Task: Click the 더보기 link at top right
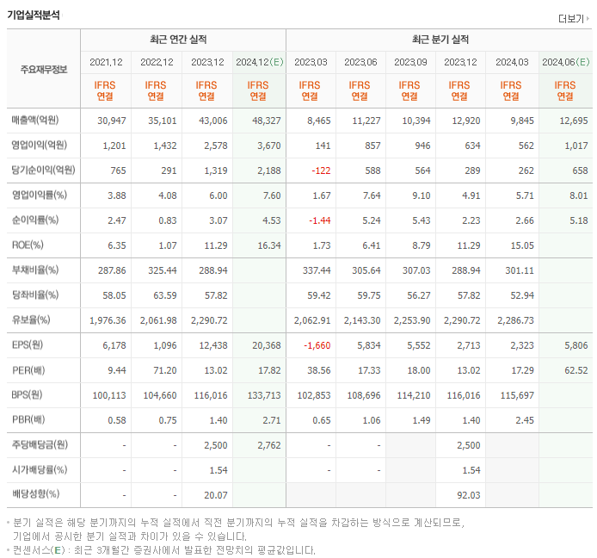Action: [573, 18]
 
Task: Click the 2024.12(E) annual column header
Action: [260, 62]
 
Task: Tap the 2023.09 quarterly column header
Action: [409, 62]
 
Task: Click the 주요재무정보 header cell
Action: [43, 70]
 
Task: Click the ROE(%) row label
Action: [28, 245]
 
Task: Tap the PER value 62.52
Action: [575, 370]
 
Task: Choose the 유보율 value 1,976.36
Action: [108, 320]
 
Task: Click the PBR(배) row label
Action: [29, 420]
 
